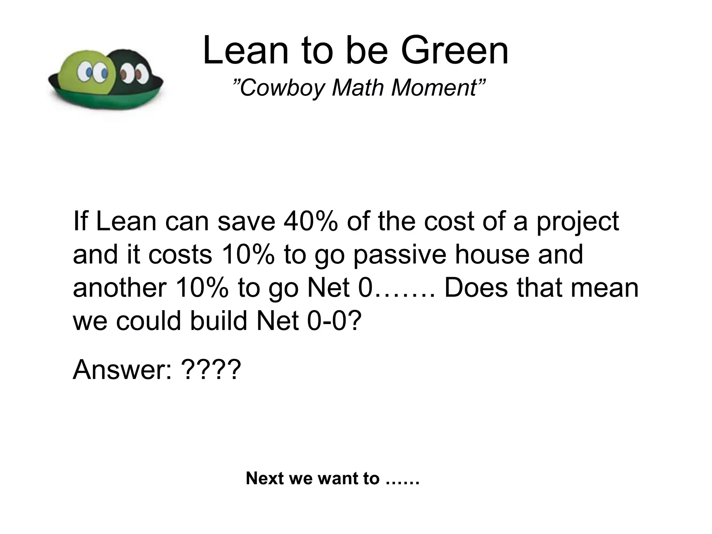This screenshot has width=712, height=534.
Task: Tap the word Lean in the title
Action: click(245, 51)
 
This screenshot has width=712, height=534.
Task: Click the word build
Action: click(219, 321)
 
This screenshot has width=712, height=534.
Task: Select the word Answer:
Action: click(122, 370)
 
